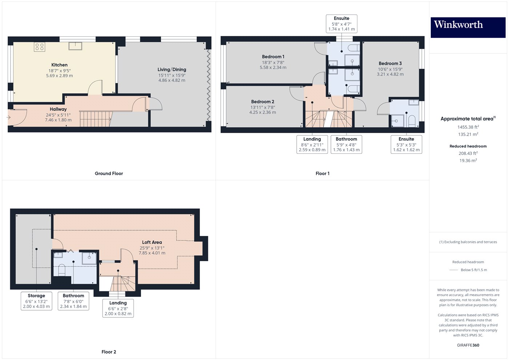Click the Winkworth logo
[468, 27]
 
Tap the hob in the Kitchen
[39, 47]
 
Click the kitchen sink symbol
[75, 46]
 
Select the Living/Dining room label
[172, 69]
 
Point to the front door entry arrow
[8, 117]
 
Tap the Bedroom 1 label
[273, 57]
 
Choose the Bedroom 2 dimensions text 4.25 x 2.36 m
[262, 112]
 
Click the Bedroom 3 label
[390, 63]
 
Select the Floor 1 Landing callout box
[312, 144]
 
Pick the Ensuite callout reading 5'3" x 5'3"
[406, 144]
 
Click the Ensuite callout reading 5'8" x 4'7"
[341, 24]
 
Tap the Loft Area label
[152, 242]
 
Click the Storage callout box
[36, 301]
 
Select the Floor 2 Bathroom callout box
[73, 301]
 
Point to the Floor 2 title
[109, 352]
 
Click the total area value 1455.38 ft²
[468, 127]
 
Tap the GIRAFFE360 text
[468, 345]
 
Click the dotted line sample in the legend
[454, 270]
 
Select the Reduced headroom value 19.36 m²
[468, 160]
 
